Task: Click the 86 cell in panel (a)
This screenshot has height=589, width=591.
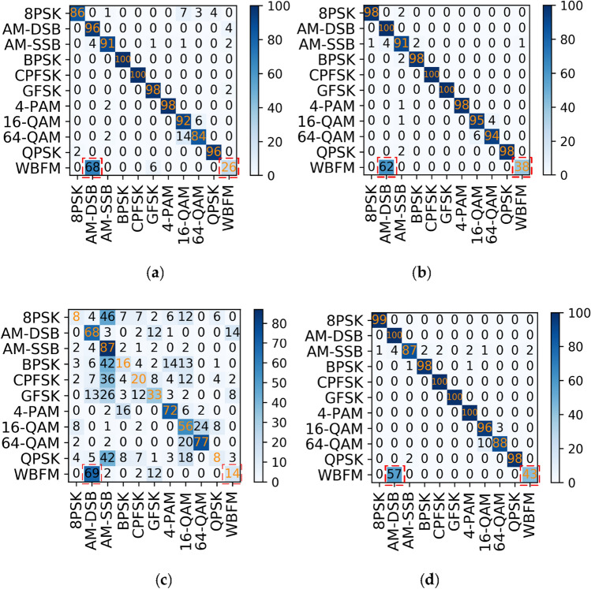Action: click(x=77, y=13)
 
